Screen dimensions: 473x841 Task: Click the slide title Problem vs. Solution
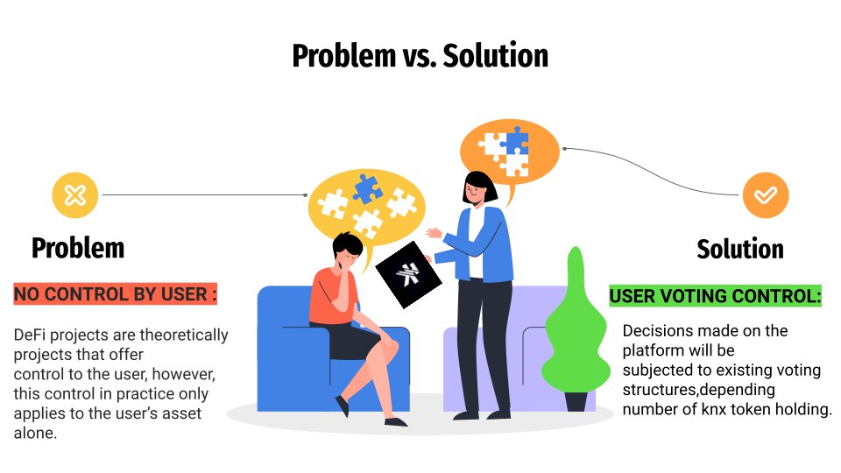click(420, 56)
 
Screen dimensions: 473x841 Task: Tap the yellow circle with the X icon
click(75, 194)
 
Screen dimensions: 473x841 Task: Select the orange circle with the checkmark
click(766, 194)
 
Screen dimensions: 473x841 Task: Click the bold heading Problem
click(78, 248)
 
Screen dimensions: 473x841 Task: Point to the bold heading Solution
click(740, 249)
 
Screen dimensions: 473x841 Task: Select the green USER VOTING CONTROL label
click(716, 296)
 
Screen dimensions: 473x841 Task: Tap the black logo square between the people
click(409, 273)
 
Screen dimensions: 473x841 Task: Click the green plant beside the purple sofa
click(575, 333)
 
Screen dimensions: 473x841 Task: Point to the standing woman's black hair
click(481, 181)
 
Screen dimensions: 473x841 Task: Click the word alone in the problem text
click(35, 434)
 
